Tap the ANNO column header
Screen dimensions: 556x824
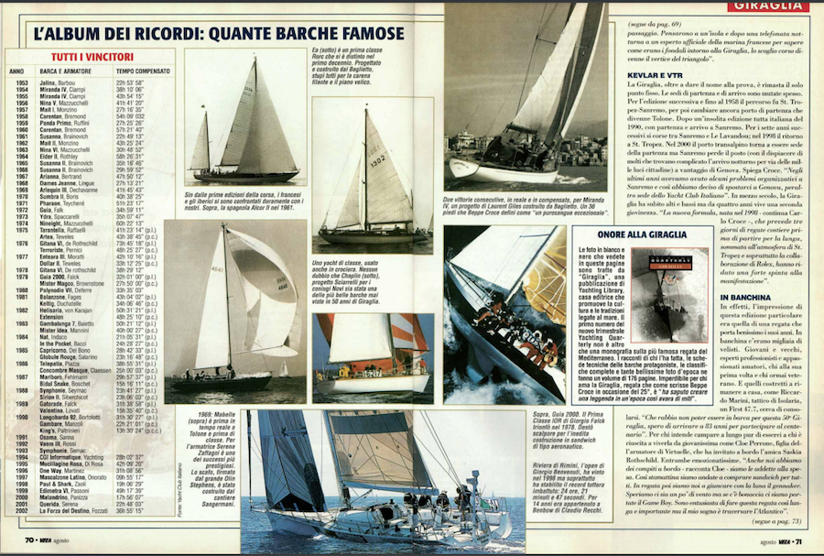click(x=16, y=71)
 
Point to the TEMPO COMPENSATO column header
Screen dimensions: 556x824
click(x=142, y=71)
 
